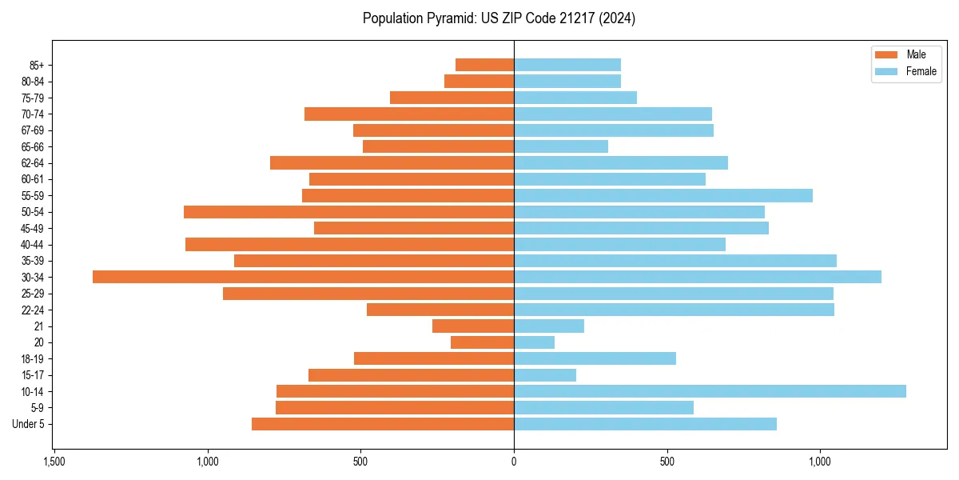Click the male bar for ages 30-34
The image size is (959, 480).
(303, 277)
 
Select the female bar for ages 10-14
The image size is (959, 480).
(710, 391)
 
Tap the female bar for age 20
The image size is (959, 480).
(534, 342)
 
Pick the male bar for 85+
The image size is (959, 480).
(484, 65)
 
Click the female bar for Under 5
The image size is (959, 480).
(645, 424)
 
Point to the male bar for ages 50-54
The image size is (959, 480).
(348, 212)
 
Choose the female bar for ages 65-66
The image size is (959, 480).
(560, 146)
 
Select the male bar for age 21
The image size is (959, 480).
(473, 326)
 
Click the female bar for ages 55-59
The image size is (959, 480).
(663, 195)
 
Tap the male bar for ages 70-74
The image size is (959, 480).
(409, 114)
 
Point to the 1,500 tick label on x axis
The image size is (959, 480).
(54, 462)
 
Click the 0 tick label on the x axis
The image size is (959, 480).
(514, 462)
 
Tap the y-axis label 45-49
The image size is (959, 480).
(33, 228)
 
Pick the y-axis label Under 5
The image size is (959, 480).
(29, 424)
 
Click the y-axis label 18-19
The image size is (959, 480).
(33, 358)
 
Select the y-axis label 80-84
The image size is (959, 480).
(33, 81)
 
